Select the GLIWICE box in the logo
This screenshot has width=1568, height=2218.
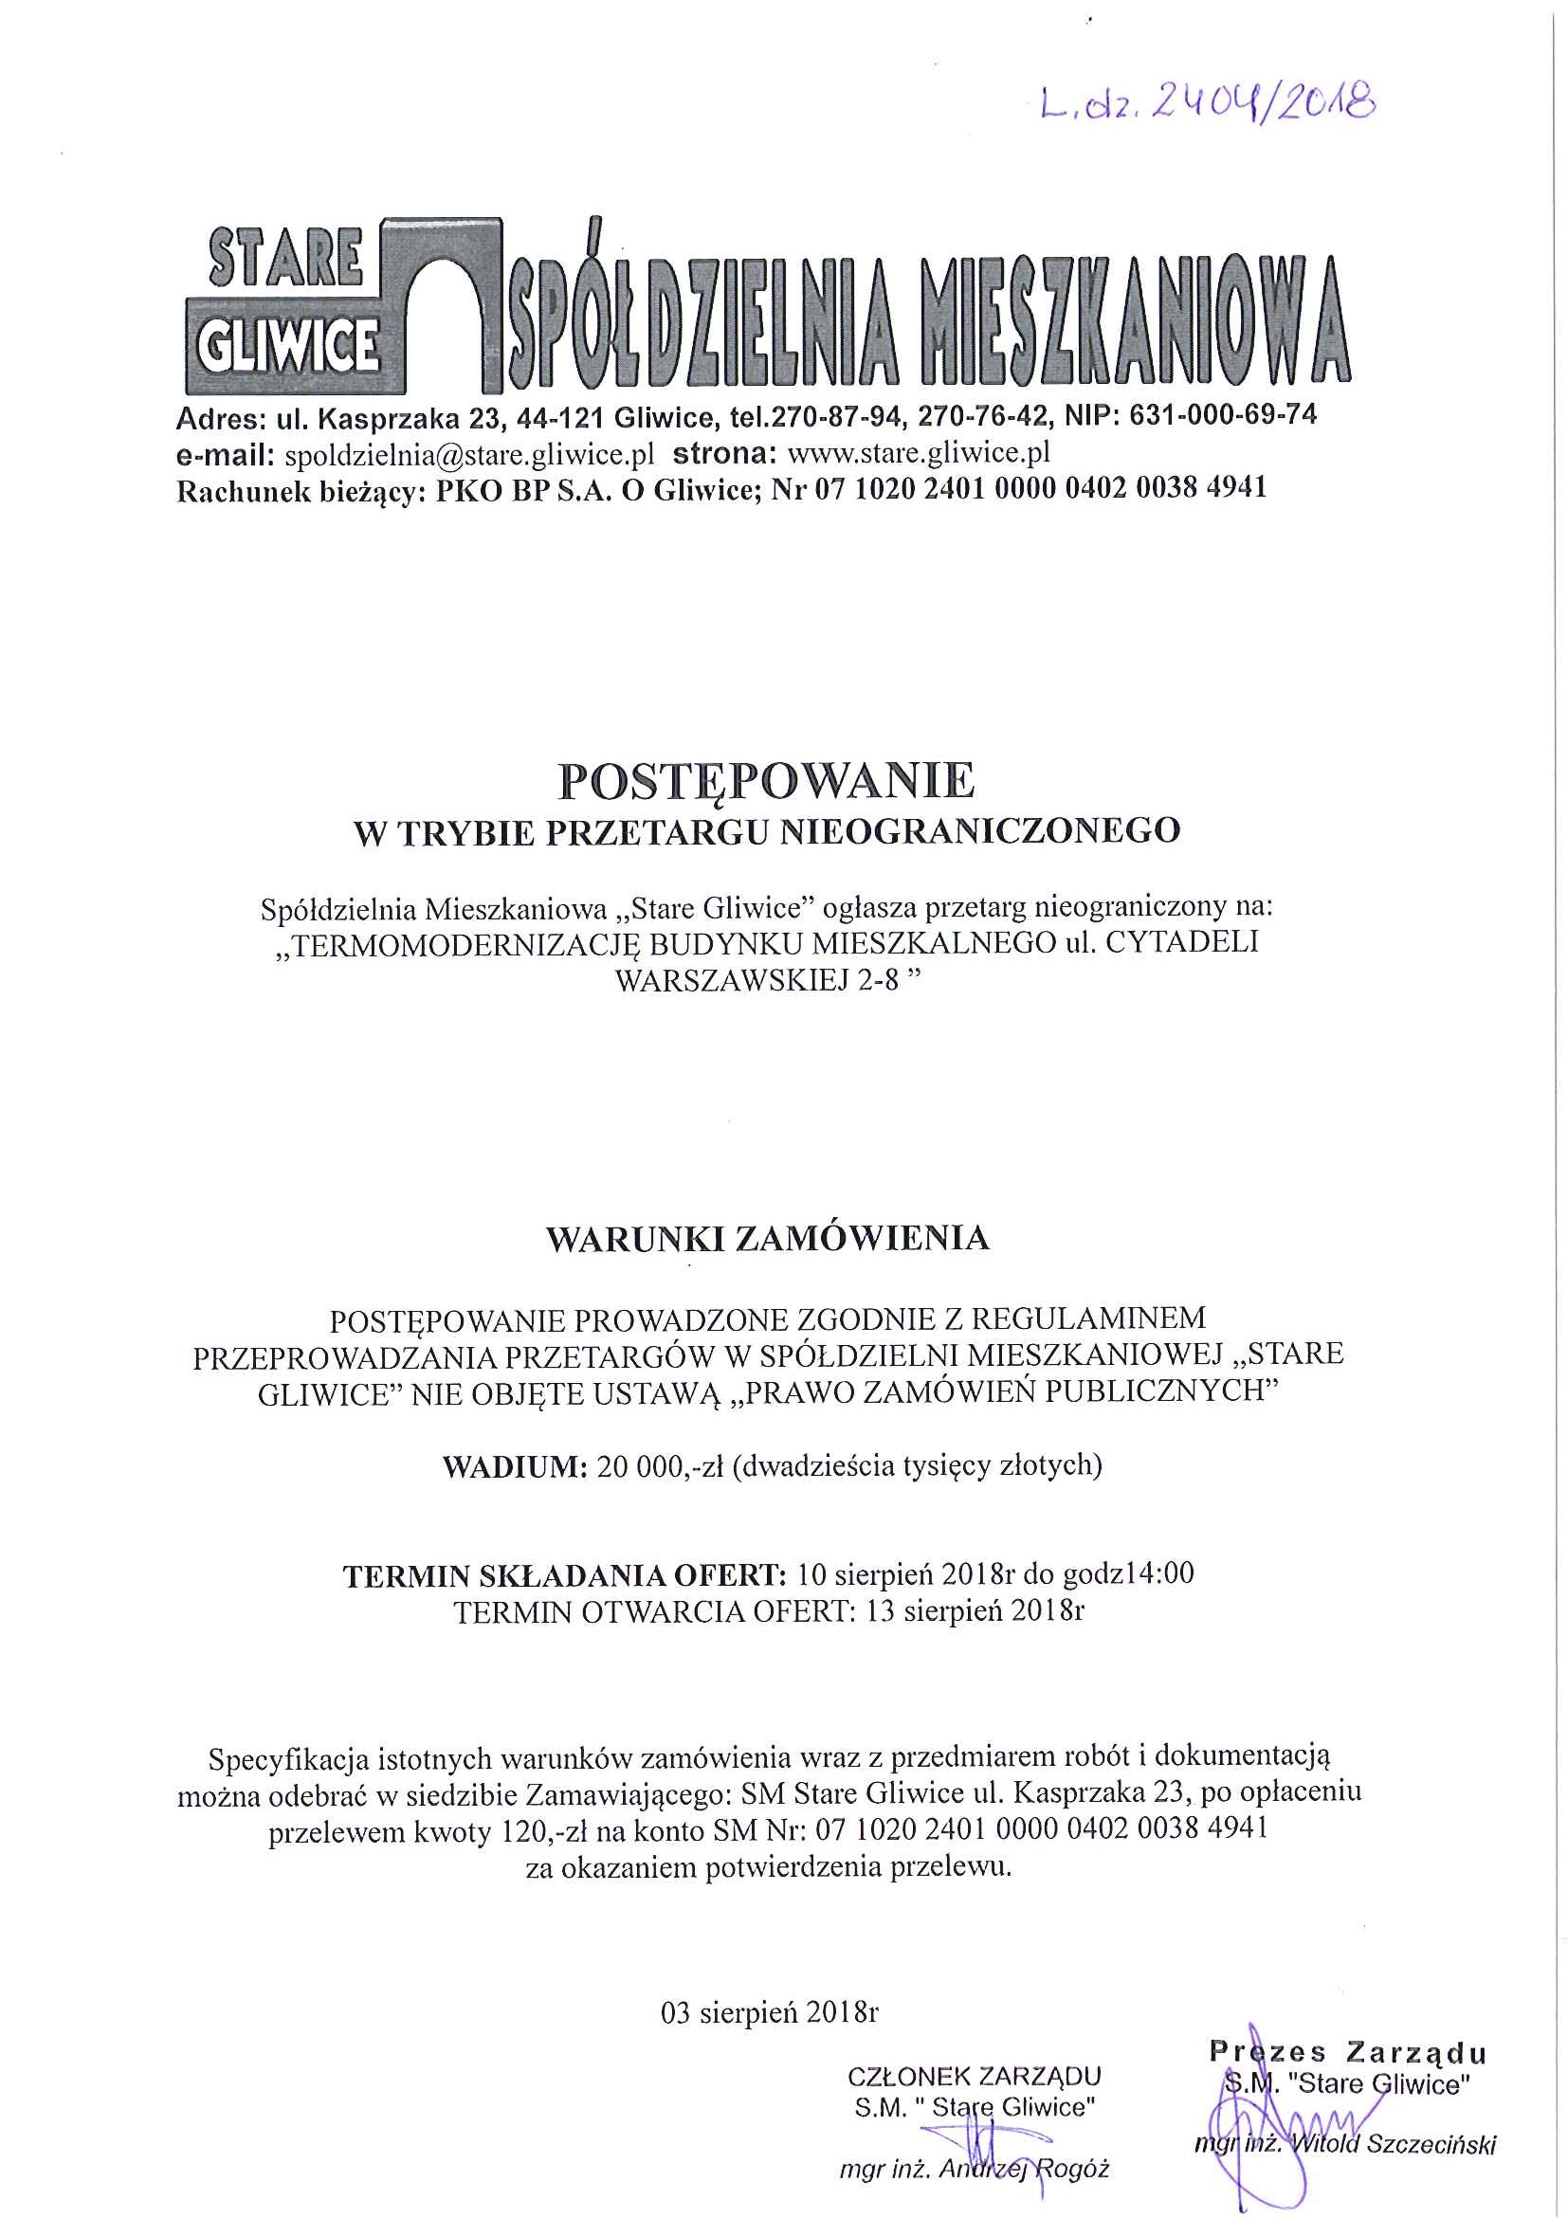pyautogui.click(x=287, y=345)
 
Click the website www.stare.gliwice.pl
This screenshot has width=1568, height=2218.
pyautogui.click(x=919, y=453)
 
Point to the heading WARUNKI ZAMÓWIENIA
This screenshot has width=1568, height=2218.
pyautogui.click(x=767, y=1240)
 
